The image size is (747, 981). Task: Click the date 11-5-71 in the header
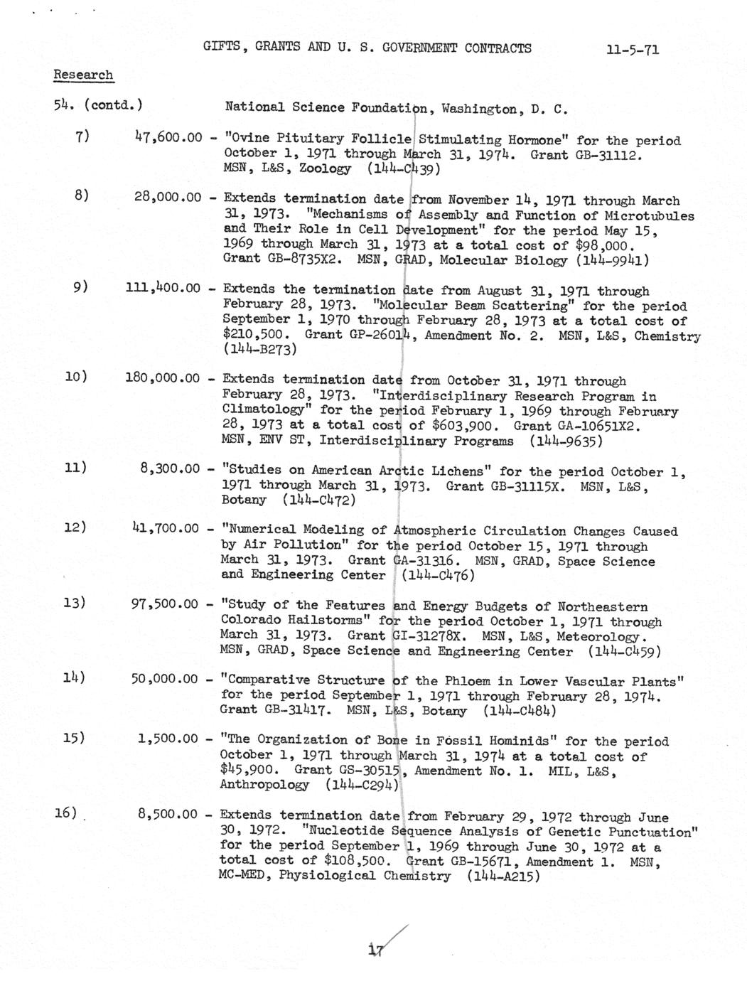click(632, 50)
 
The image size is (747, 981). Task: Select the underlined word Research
click(83, 75)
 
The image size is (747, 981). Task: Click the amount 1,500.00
click(168, 739)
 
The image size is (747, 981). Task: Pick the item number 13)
click(75, 603)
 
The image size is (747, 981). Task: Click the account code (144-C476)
click(436, 576)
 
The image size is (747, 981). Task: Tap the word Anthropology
click(264, 786)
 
